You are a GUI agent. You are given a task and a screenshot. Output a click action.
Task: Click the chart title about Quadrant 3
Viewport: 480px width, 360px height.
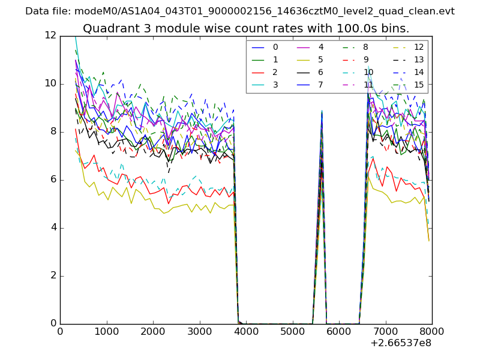(246, 28)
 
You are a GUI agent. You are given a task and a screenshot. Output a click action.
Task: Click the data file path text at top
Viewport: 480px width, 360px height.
(240, 11)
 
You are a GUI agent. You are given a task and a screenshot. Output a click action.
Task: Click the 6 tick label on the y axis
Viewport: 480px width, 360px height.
(53, 179)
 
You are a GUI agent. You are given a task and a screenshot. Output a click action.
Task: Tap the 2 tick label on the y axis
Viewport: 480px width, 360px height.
(53, 275)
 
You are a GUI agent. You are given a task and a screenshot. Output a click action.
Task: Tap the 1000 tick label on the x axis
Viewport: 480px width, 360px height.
(106, 331)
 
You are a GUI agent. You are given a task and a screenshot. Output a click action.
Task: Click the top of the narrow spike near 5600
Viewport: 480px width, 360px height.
(322, 111)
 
